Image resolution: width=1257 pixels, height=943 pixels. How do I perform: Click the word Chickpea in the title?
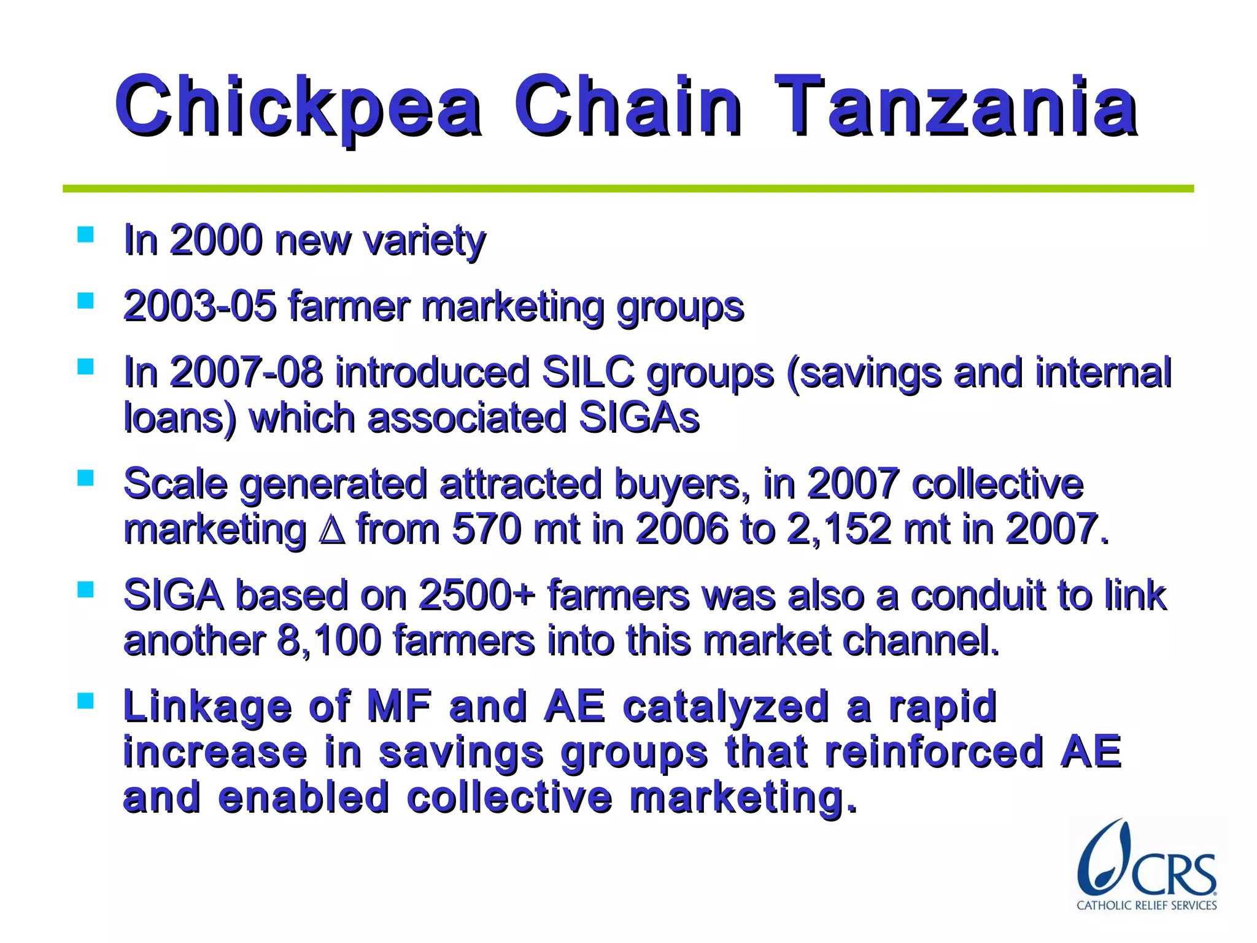coord(298,107)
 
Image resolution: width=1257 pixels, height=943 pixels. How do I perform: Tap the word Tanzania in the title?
coord(956,106)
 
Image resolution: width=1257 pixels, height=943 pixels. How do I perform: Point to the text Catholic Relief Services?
coord(1146,905)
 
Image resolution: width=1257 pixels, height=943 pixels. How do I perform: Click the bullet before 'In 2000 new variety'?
coord(85,235)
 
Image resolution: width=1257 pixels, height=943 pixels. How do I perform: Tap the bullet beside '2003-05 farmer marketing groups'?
coord(85,301)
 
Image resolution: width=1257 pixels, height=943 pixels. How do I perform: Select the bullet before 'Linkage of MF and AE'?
coord(85,700)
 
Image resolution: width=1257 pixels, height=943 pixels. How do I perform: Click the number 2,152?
coord(839,529)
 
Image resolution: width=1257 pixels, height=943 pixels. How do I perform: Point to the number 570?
coord(486,529)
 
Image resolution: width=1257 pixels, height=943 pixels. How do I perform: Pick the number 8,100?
coord(330,640)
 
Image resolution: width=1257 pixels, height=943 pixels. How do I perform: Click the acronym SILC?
coord(588,373)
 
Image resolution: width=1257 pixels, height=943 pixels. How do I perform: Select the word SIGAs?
coord(639,418)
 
